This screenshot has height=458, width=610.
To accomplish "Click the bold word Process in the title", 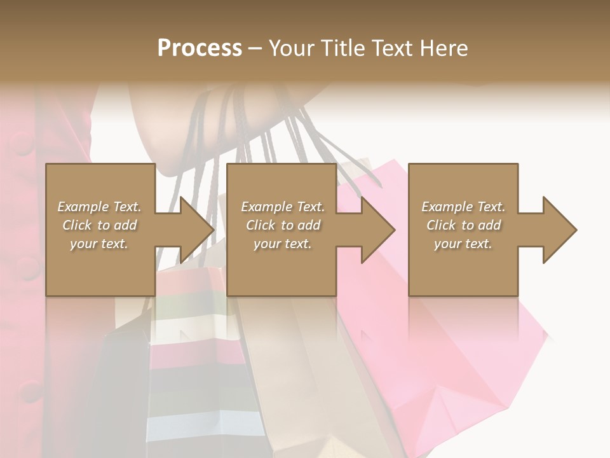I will [200, 48].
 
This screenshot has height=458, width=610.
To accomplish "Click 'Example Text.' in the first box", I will [99, 207].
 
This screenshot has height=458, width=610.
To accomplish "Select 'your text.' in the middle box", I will [282, 244].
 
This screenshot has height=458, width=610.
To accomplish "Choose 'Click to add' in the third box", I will [463, 225].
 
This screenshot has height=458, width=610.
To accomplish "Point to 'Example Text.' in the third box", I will [463, 207].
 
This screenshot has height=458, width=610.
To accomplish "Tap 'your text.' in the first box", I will [99, 244].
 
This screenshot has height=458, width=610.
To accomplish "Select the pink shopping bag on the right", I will [483, 356].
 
